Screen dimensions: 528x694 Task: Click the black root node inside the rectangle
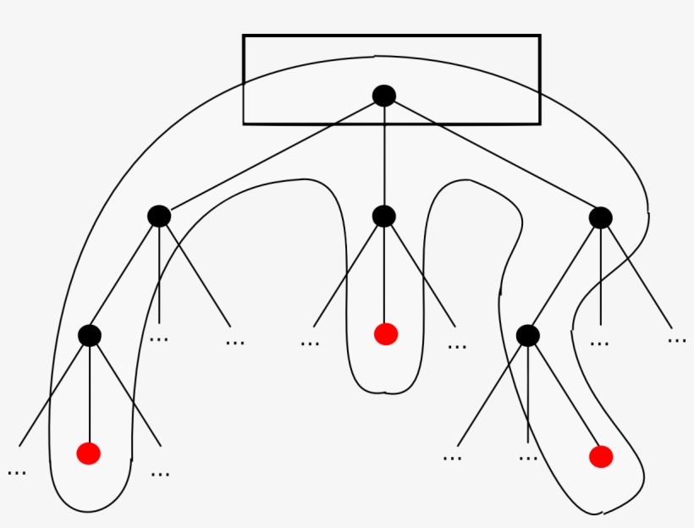[x=384, y=96]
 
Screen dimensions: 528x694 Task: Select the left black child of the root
[x=159, y=217]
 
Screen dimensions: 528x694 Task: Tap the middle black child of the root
[x=384, y=217]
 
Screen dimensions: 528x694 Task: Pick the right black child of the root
[x=601, y=217]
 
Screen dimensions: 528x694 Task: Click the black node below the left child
[x=90, y=335]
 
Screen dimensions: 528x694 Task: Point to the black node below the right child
[x=528, y=335]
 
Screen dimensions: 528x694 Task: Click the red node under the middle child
[x=386, y=334]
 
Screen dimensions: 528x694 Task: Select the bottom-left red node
[x=89, y=454]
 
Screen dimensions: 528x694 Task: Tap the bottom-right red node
[x=601, y=457]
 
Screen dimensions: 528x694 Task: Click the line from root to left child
[x=271, y=157]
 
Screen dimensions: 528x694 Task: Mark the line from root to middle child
[x=384, y=157]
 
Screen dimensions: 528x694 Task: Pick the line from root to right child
[x=493, y=157]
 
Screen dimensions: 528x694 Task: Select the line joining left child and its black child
[x=124, y=276]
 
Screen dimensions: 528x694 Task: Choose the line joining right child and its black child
[x=565, y=277]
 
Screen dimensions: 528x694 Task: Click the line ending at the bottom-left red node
[x=90, y=393]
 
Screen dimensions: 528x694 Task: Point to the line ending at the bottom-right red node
[x=565, y=396]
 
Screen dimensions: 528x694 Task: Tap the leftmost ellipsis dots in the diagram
[x=16, y=471]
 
